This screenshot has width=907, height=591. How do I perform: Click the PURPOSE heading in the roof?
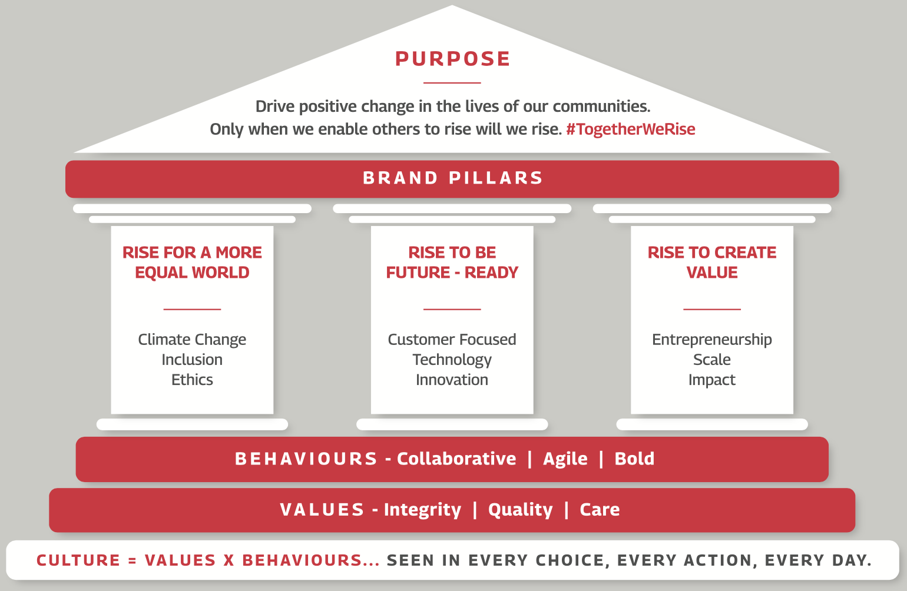coord(452,59)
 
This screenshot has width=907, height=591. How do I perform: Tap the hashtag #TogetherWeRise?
coord(630,129)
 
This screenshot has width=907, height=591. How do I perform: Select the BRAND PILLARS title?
coord(452,178)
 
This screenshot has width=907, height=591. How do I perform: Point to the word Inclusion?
coord(192,360)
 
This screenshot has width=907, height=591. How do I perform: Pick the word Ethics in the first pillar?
coord(192,380)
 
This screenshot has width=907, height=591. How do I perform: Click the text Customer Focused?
coord(452,339)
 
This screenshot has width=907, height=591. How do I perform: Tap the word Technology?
coord(452,360)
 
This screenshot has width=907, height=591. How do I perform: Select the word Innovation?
coord(452,380)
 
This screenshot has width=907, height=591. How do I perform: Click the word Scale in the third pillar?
coord(712,360)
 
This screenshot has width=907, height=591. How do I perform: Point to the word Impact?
coord(712,380)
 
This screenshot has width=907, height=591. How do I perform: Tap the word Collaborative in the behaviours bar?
coord(456,459)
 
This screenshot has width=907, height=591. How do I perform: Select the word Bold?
coord(634,459)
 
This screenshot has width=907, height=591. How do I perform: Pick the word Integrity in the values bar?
coord(422,510)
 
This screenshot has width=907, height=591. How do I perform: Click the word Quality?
coord(520,510)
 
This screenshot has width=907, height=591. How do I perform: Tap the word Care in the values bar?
coord(600,510)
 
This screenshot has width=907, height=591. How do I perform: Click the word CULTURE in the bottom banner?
coord(78,560)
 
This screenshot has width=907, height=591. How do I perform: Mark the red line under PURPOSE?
coord(452,83)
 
